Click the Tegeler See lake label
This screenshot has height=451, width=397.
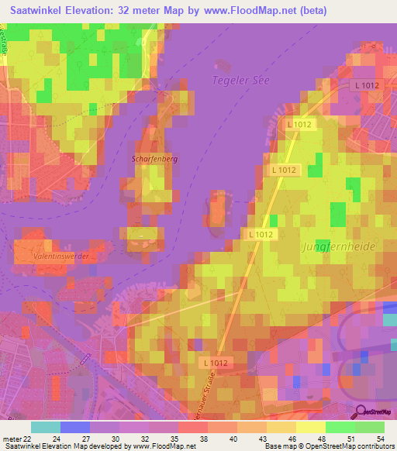click(x=239, y=80)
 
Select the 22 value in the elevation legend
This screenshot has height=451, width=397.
click(x=28, y=439)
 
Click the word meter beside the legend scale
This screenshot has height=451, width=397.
click(x=11, y=439)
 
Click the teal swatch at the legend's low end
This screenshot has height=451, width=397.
click(x=46, y=427)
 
